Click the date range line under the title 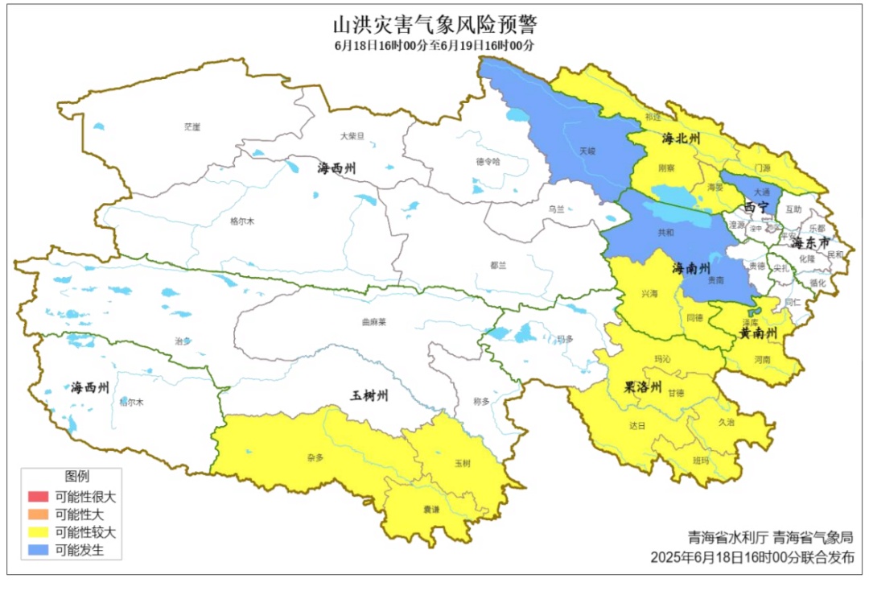click(434, 45)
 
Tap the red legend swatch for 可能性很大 click(38, 497)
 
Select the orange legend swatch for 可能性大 click(38, 515)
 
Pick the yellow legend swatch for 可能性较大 click(38, 532)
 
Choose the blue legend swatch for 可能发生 click(38, 551)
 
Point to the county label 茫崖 click(192, 126)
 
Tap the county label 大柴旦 click(352, 136)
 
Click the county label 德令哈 click(488, 160)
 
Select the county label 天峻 click(587, 150)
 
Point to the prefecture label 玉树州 click(369, 395)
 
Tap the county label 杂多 click(315, 457)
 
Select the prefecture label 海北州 click(682, 139)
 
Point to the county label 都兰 click(499, 265)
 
